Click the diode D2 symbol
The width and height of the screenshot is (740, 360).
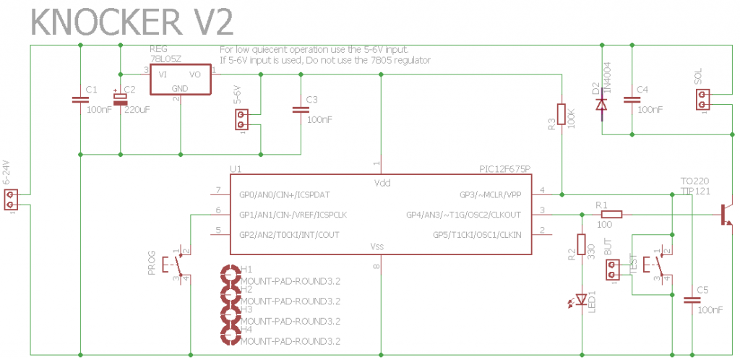(x=601, y=104)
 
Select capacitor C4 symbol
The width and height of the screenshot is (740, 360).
(x=632, y=98)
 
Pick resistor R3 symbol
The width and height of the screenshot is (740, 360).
(x=562, y=114)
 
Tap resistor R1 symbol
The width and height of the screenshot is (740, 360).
(x=611, y=214)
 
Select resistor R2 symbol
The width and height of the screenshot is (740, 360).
(x=582, y=246)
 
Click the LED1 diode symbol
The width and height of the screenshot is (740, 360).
(x=582, y=299)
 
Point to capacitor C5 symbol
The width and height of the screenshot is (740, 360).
(x=692, y=299)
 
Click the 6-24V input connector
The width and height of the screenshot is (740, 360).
(x=11, y=200)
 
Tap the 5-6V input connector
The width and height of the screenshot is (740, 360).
(x=244, y=119)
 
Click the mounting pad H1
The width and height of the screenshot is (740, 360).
(x=230, y=275)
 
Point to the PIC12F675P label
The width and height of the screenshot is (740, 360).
(x=504, y=169)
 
